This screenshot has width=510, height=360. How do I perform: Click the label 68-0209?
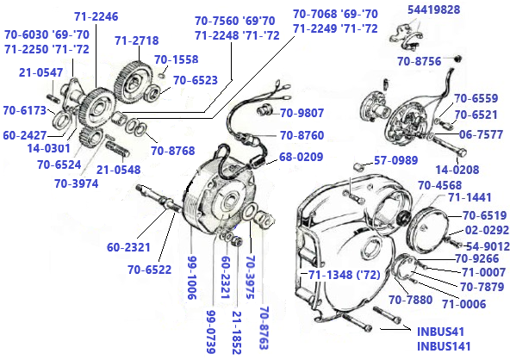point(302,157)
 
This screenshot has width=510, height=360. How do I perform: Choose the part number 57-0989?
point(397,161)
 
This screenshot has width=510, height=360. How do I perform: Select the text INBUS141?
point(445,346)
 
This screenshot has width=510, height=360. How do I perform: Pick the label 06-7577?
point(481,134)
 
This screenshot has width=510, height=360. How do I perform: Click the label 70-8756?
point(420,61)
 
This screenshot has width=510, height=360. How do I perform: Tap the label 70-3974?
point(79,183)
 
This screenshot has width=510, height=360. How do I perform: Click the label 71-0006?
point(464,303)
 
